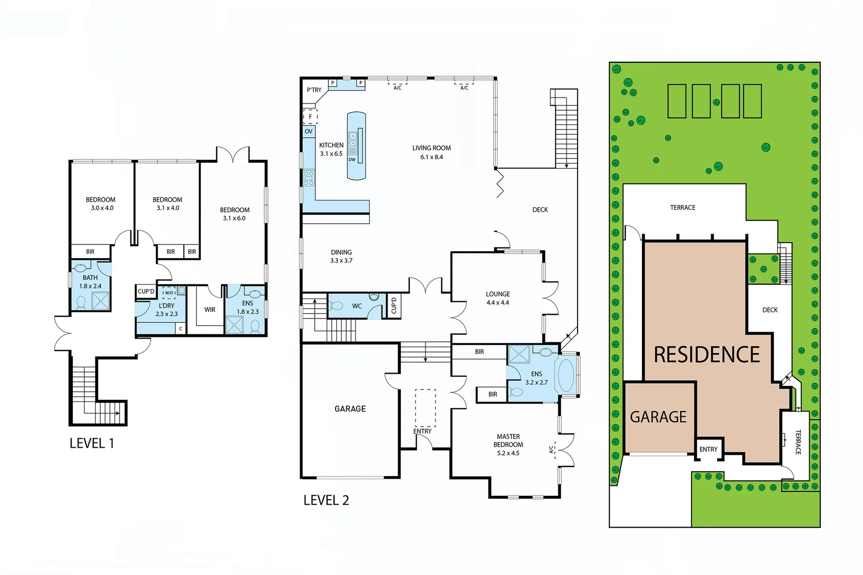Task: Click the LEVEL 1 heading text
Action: tap(92, 443)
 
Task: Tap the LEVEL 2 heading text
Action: tap(326, 500)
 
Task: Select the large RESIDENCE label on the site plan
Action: tap(706, 355)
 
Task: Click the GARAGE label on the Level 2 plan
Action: tap(350, 409)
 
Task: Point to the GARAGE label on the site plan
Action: tap(658, 417)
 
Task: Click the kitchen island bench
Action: tap(357, 146)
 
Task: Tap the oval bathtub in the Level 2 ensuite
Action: tap(565, 375)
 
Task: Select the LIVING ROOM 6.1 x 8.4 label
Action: tap(431, 152)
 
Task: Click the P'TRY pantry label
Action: tap(314, 90)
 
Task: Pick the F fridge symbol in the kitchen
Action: tap(310, 117)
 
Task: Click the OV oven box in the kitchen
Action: tap(308, 132)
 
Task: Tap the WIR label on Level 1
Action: tap(210, 310)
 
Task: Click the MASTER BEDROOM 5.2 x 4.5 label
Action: tap(508, 445)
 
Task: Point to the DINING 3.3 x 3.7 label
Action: tap(341, 257)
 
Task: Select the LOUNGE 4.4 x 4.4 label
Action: tap(498, 298)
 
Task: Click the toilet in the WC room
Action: tap(337, 306)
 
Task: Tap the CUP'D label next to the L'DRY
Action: tap(146, 291)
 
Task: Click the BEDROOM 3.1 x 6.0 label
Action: tap(234, 214)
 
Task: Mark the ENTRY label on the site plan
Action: tap(708, 449)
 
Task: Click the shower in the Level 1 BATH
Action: tap(100, 301)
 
